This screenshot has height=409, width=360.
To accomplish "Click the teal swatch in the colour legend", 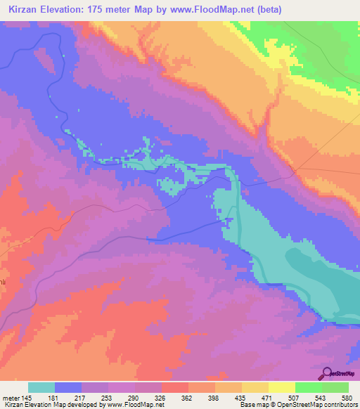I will click(x=41, y=387).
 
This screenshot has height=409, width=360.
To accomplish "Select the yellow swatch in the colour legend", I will click(x=281, y=387).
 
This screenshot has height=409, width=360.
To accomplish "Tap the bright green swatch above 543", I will click(x=308, y=387).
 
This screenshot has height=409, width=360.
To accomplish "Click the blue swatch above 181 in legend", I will click(x=68, y=387).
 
